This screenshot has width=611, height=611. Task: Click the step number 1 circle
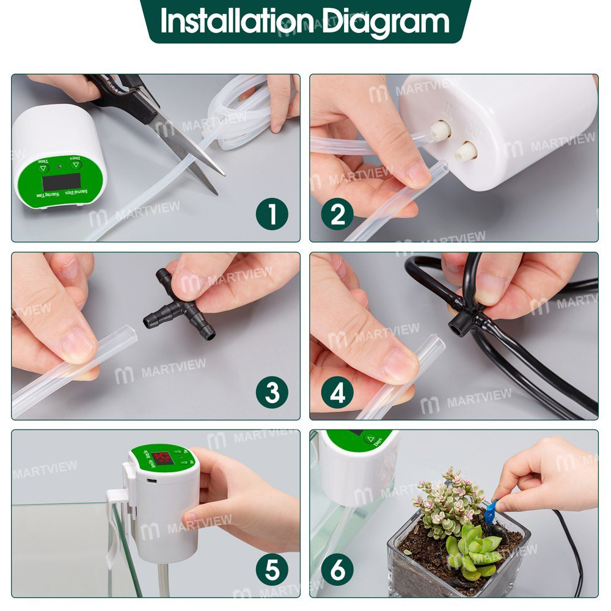click(x=272, y=214)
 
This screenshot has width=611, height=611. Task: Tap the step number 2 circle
click(x=337, y=214)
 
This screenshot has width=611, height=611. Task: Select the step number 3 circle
click(x=272, y=393)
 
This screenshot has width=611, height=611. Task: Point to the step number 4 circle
click(x=337, y=393)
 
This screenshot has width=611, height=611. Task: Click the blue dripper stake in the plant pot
click(x=490, y=512)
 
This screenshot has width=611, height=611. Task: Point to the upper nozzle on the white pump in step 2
click(x=439, y=130)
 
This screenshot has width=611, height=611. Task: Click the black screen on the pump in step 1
click(x=60, y=181)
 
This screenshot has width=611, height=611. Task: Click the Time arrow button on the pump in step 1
click(x=43, y=167)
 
